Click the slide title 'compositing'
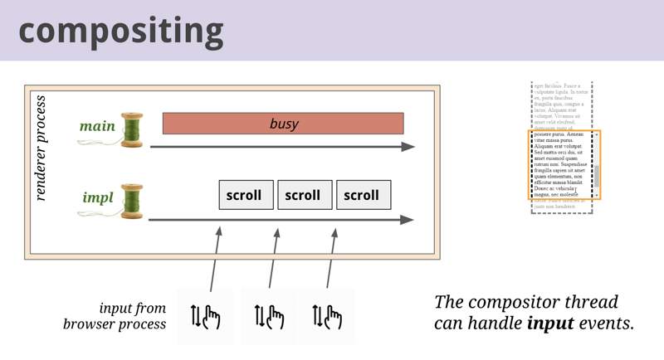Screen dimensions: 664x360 121,31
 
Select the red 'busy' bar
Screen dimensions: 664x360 283,124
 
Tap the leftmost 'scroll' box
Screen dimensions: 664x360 246,195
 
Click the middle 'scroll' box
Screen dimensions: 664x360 304,195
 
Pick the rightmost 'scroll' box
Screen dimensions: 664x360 363,195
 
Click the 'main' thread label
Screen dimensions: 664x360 97,126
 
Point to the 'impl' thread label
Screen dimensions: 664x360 98,198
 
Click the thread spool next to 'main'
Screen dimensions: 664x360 131,129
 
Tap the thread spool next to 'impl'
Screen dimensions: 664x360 131,201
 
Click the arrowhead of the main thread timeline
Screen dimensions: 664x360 408,147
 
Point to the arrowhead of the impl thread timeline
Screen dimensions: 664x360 408,220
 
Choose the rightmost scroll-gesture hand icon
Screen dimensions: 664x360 327,316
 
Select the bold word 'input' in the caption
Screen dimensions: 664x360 550,322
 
